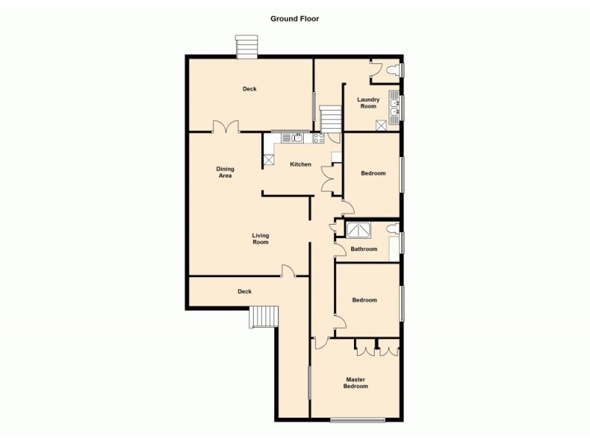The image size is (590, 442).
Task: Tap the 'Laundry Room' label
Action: [368, 103]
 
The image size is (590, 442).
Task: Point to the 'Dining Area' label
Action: [225, 172]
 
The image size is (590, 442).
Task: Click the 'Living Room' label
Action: [260, 239]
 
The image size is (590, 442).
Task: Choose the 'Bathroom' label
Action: [364, 249]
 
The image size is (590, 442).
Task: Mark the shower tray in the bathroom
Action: [359, 230]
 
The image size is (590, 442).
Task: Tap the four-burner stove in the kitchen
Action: [319, 138]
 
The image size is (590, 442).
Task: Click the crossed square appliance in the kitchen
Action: [268, 159]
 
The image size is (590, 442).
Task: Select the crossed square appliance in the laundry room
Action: [382, 125]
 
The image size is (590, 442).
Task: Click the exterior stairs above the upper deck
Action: [246, 47]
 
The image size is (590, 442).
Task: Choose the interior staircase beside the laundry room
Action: [331, 117]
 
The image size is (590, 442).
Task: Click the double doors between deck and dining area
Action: [226, 127]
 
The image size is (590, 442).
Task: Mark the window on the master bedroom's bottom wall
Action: [357, 421]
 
